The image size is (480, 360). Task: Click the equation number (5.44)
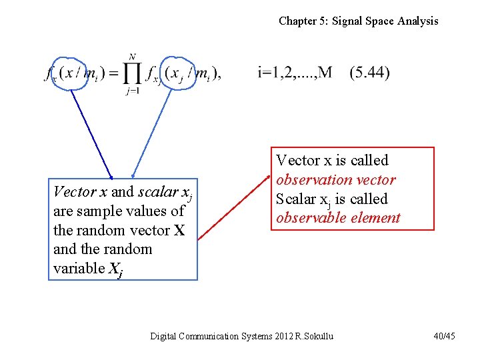coord(369,73)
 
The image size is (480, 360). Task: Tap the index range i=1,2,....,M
coord(295,73)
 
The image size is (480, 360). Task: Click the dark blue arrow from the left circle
coord(91,133)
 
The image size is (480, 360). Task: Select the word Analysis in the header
coord(418,21)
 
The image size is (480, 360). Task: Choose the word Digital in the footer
coord(164,336)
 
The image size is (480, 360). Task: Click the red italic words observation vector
coord(336,180)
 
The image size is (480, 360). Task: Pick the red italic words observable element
coord(338,218)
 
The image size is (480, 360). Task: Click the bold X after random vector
coord(179,231)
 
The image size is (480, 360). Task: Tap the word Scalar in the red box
coord(295,199)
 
